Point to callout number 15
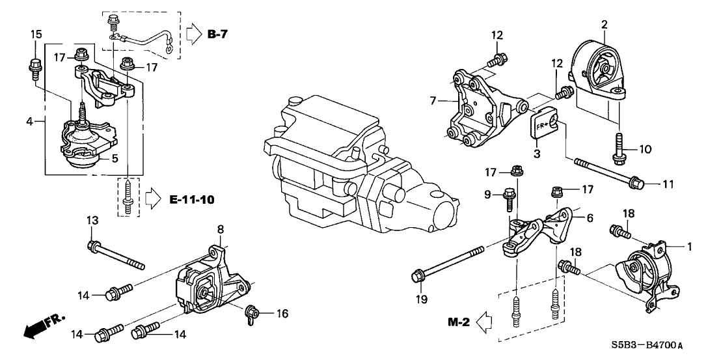click(36, 35)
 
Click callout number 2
click(604, 25)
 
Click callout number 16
click(282, 313)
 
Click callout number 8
click(220, 229)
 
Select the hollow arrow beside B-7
click(194, 32)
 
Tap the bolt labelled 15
click(33, 66)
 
